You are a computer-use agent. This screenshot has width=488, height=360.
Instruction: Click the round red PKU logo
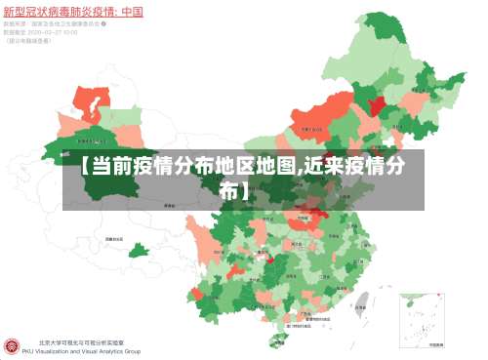pos(13,345)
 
